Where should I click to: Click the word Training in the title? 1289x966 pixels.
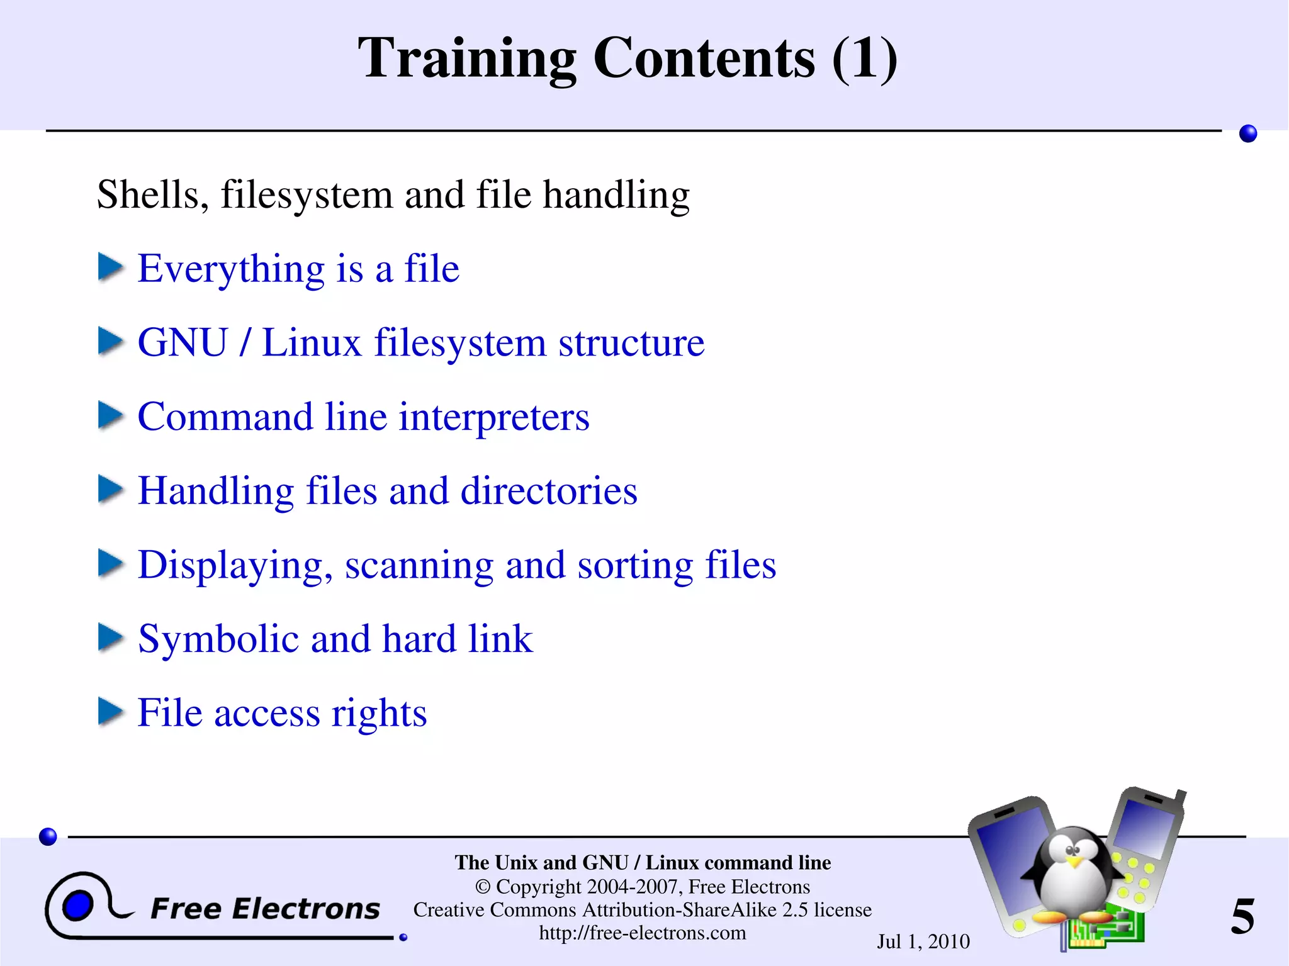pos(466,59)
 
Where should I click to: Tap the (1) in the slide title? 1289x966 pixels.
pos(864,59)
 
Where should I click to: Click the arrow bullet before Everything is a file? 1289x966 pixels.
pos(111,267)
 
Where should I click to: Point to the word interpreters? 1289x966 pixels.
pos(494,417)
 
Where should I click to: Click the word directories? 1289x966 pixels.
pos(549,491)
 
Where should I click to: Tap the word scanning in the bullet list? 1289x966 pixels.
pos(419,565)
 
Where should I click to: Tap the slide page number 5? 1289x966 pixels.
pos(1242,916)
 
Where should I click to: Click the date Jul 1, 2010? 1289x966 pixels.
pos(923,941)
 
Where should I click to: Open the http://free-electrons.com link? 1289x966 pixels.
pos(643,933)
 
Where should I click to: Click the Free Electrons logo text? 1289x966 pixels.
pos(265,909)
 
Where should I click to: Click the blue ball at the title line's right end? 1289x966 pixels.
pos(1247,133)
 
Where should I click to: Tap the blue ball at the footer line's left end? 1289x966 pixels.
pos(48,836)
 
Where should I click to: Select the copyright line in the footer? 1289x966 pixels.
pos(643,887)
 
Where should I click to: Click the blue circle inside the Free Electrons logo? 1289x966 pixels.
pos(78,906)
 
